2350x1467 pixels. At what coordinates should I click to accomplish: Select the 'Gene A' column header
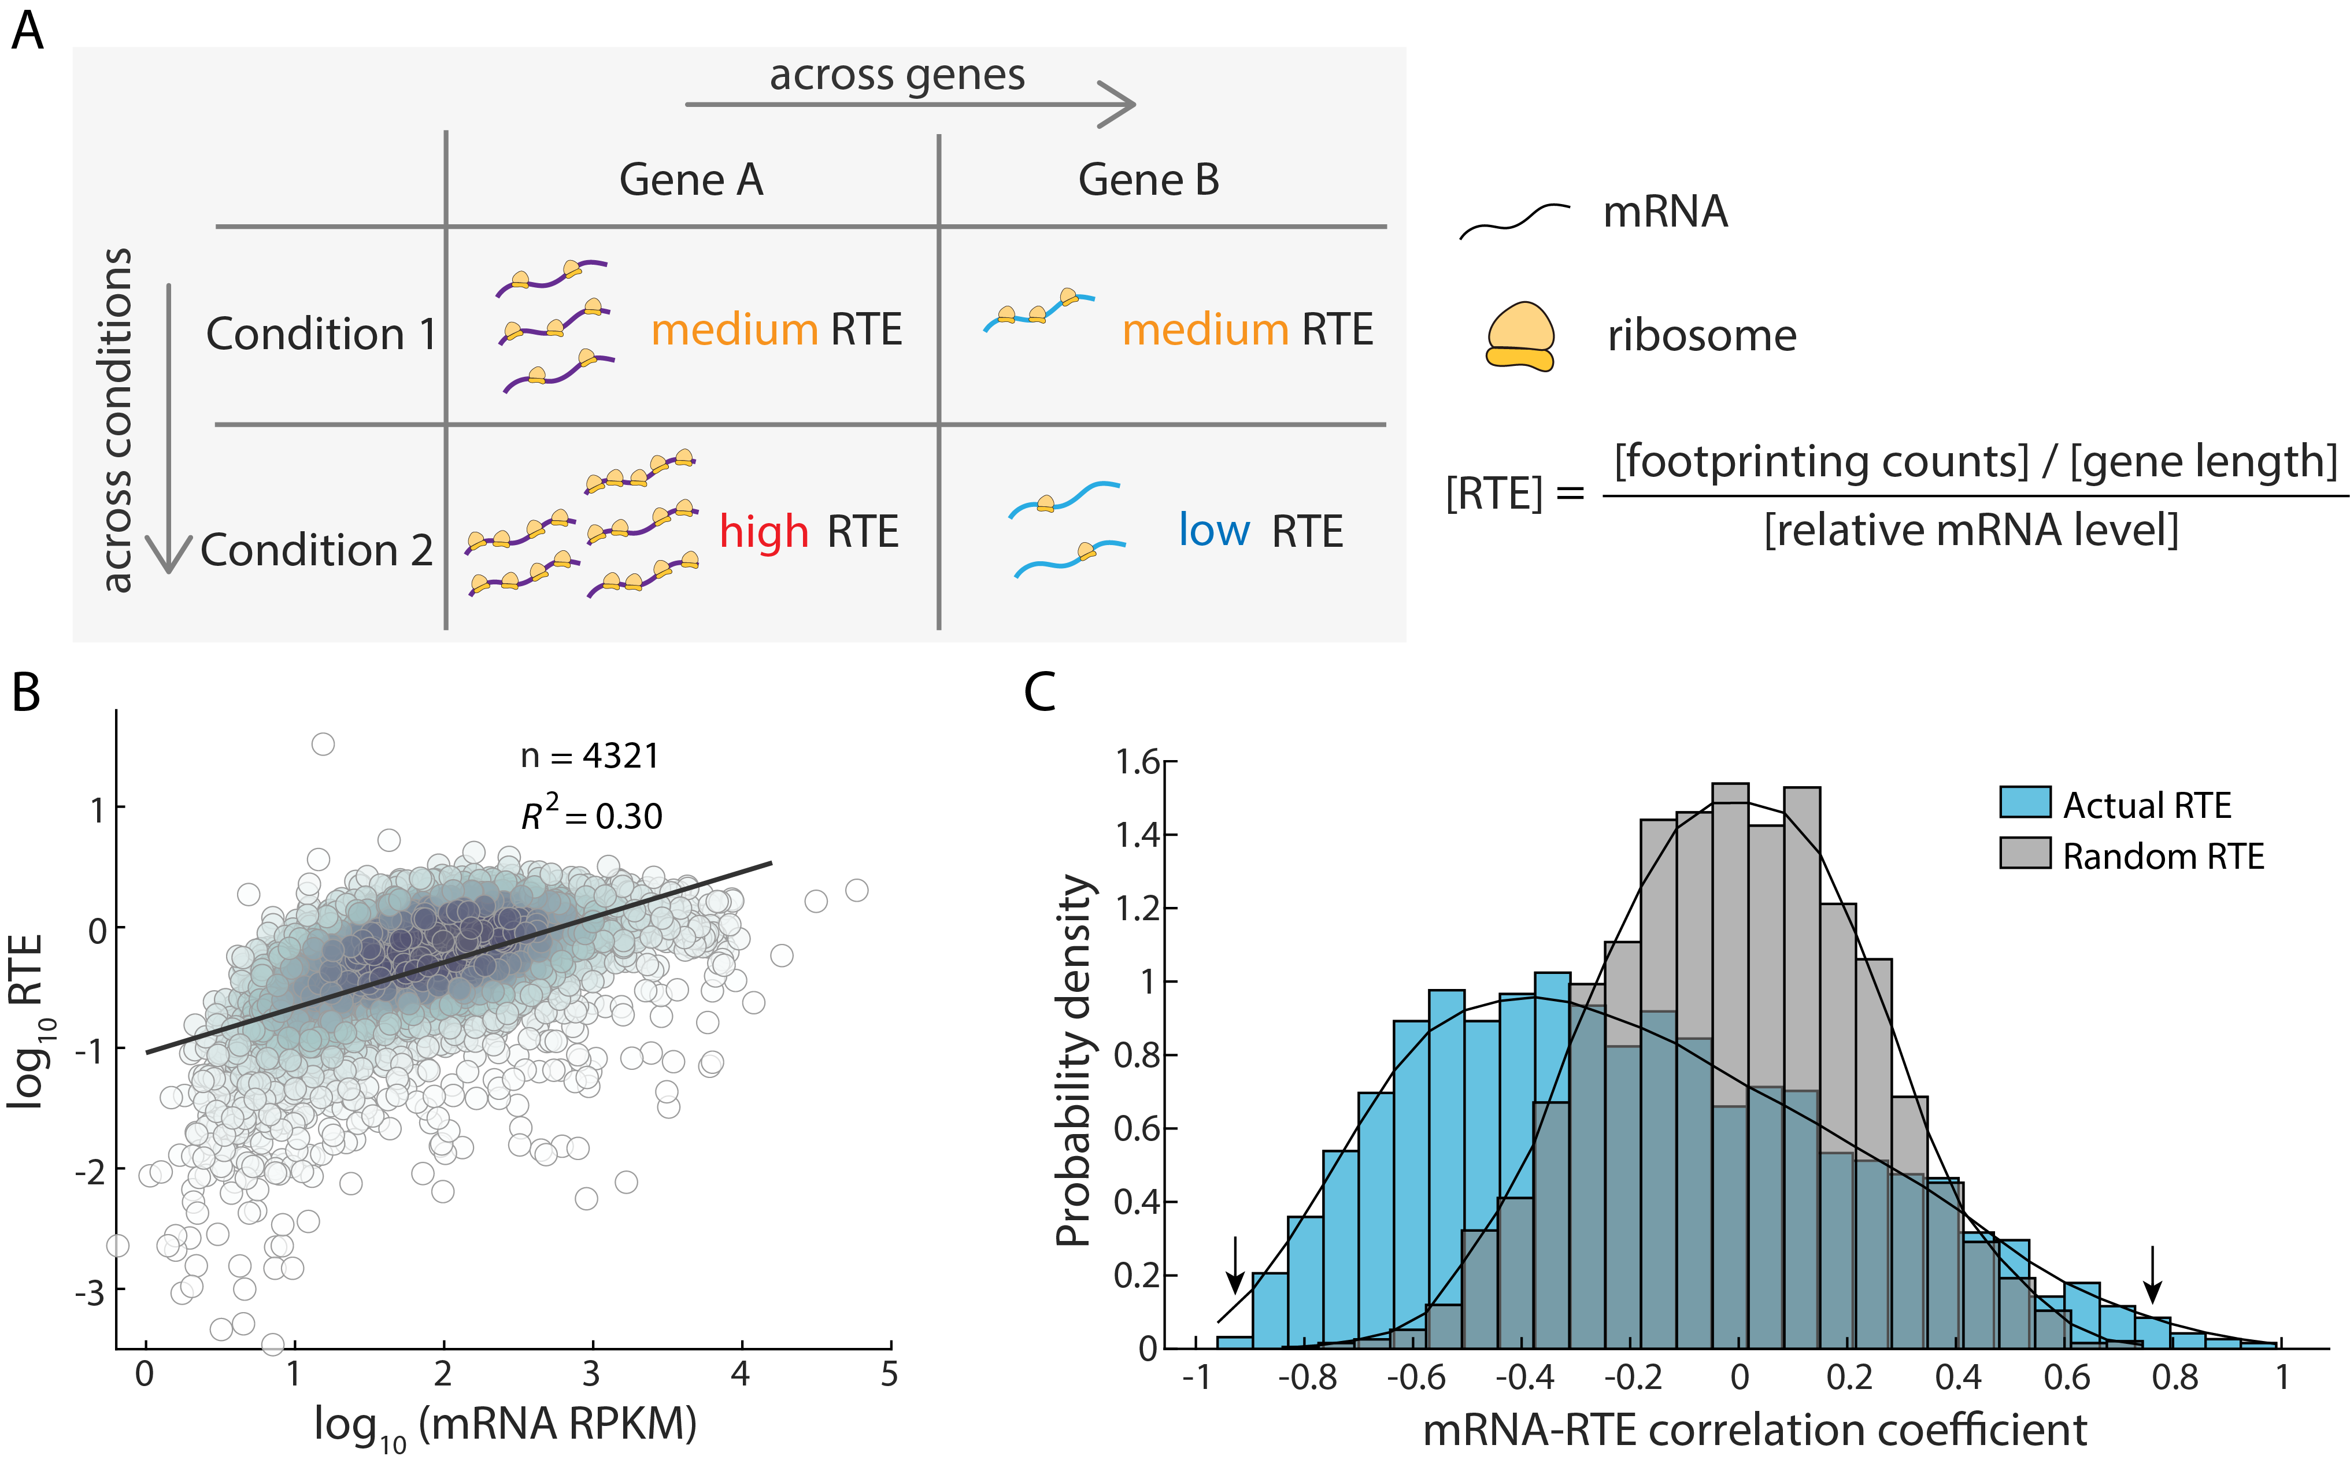[691, 180]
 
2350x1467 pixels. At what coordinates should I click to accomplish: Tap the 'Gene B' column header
[1148, 180]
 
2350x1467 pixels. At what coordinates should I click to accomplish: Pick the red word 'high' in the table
[764, 532]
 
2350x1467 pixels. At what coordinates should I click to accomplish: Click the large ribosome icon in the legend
[1519, 336]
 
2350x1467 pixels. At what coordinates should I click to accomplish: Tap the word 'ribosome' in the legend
[1701, 336]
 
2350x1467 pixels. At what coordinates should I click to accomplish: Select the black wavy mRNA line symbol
[1513, 221]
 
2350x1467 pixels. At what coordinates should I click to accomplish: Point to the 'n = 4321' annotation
[590, 756]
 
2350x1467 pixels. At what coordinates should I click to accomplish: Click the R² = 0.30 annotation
[591, 814]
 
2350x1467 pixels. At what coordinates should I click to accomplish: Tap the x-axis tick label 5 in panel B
[889, 1375]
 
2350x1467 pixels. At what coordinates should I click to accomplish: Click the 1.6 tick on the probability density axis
[1137, 762]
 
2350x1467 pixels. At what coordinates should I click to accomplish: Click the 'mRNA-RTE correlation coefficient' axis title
[1754, 1430]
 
